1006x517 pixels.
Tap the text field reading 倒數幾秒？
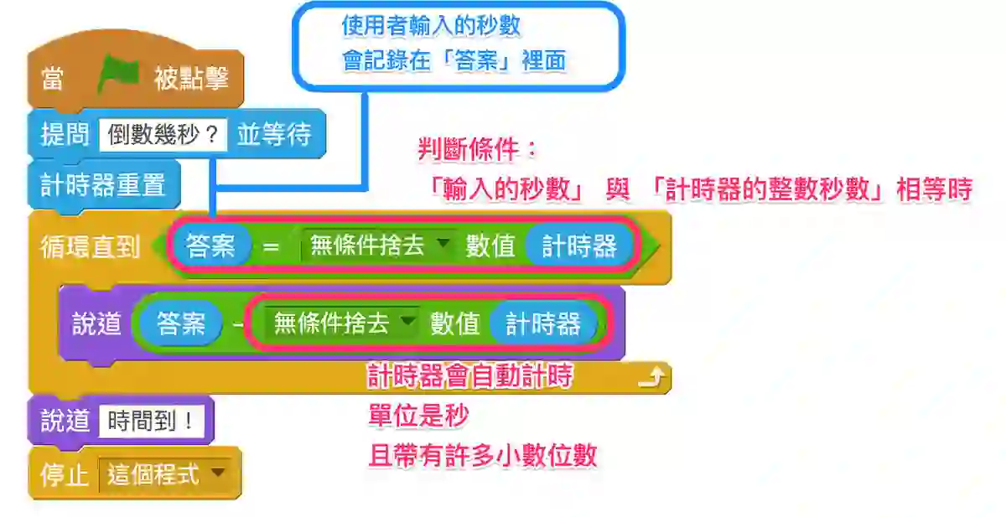click(x=163, y=134)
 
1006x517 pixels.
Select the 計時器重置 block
click(x=104, y=185)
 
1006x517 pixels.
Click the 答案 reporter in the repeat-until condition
click(x=211, y=246)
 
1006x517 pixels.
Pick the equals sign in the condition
click(x=271, y=247)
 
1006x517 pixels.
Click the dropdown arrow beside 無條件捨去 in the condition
click(x=443, y=243)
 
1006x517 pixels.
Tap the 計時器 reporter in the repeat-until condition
click(x=579, y=246)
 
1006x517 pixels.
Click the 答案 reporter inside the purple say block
click(x=181, y=323)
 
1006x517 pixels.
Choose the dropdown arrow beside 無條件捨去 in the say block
click(x=407, y=320)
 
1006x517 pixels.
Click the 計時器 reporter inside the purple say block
click(x=543, y=323)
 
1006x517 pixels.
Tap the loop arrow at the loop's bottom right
click(x=651, y=377)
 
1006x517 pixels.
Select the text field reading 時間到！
click(x=152, y=421)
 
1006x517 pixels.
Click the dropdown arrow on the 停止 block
click(x=218, y=472)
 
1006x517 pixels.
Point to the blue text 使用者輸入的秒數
click(x=431, y=26)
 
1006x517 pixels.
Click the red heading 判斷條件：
click(x=477, y=149)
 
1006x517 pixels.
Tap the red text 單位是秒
click(x=418, y=416)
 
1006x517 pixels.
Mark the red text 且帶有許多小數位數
click(x=483, y=456)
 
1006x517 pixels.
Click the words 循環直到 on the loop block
click(x=91, y=247)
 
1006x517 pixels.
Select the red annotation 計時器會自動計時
click(x=469, y=375)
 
